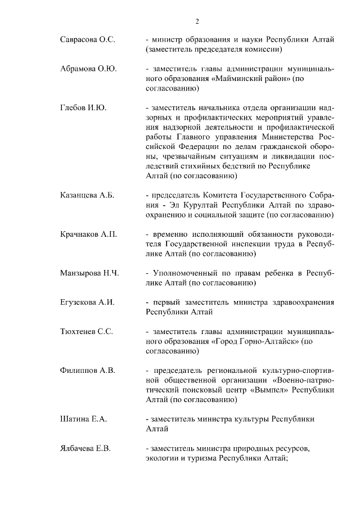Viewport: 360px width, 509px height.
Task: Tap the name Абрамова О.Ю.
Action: [x=88, y=69]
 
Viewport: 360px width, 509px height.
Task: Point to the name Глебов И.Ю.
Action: [x=83, y=107]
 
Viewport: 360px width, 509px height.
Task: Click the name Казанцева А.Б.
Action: [x=87, y=195]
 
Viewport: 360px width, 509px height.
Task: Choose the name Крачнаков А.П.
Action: [x=88, y=234]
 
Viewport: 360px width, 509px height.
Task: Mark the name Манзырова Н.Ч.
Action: [x=89, y=273]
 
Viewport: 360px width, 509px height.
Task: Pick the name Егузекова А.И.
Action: [x=87, y=302]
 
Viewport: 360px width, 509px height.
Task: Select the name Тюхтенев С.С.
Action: [x=87, y=331]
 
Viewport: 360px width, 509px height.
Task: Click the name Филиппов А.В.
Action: [x=87, y=370]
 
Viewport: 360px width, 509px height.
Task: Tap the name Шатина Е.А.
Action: [x=83, y=419]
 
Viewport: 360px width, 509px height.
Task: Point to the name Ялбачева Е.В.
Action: [x=85, y=448]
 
